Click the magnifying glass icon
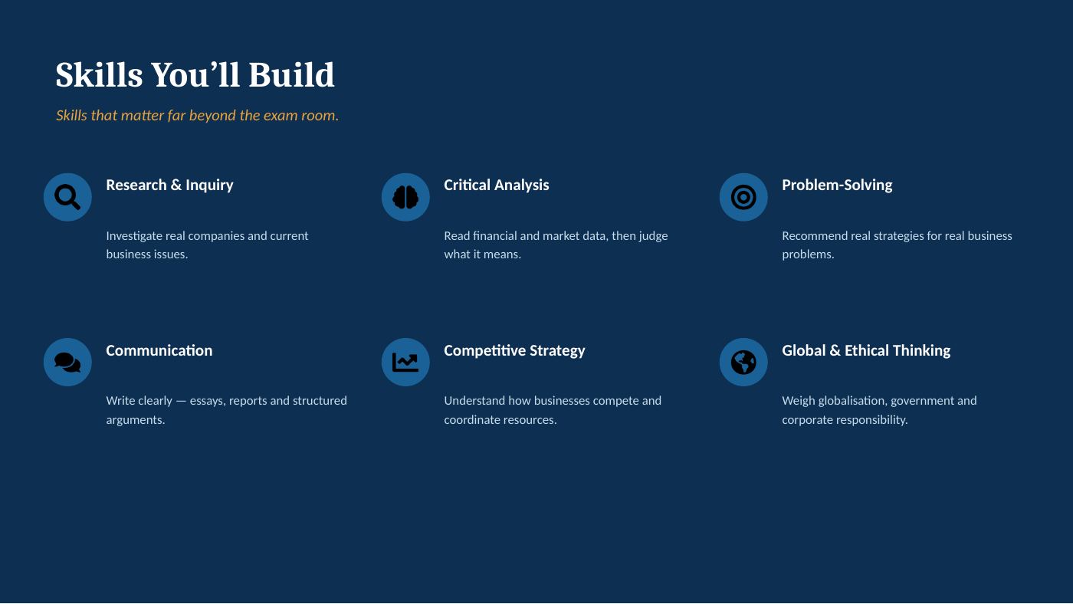[x=67, y=197]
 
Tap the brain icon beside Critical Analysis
[x=405, y=197]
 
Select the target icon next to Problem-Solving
[x=743, y=197]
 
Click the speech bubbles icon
[x=67, y=362]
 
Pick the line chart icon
[x=405, y=362]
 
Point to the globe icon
[x=743, y=362]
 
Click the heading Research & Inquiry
[x=169, y=185]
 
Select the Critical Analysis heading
[x=497, y=185]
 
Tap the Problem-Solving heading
[x=837, y=185]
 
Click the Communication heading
[x=159, y=350]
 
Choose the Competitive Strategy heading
[x=514, y=350]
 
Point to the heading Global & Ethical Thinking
[x=866, y=350]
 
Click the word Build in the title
[x=291, y=75]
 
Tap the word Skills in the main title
[x=99, y=75]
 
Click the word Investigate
[x=134, y=236]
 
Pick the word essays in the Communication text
[x=208, y=401]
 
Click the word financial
[x=495, y=235]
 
